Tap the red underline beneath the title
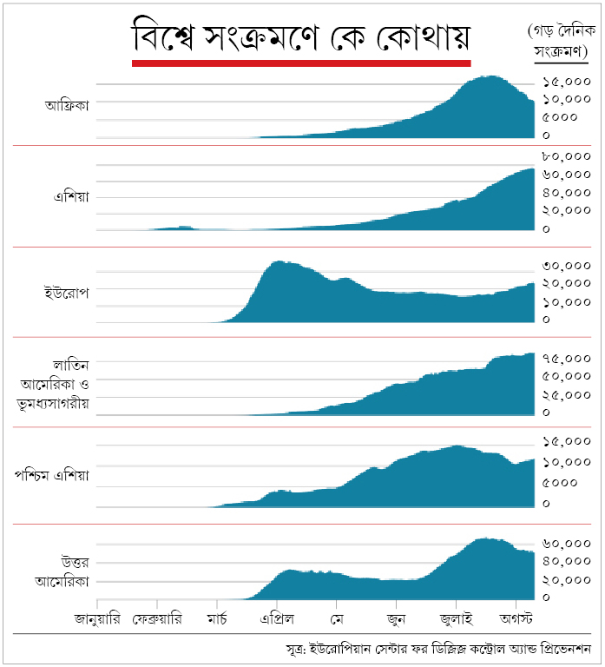point(300,63)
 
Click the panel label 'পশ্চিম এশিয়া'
point(52,476)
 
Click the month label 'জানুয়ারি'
point(97,620)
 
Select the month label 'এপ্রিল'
point(277,620)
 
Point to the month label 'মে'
point(337,620)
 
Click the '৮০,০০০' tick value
point(565,157)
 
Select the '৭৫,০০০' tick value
point(565,358)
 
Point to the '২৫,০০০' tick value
point(565,395)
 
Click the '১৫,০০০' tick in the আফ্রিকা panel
point(565,82)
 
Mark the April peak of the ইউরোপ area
point(279,262)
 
